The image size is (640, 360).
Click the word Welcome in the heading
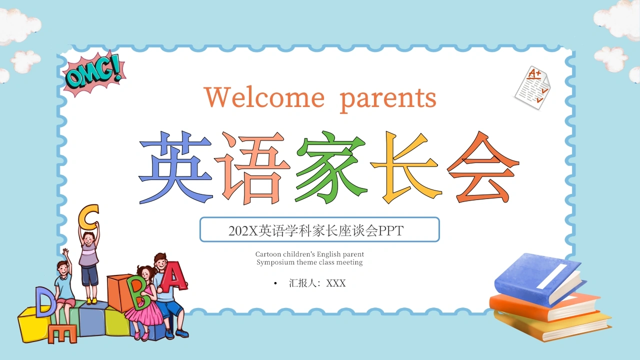pos(264,97)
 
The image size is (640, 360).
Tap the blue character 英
pos(175,167)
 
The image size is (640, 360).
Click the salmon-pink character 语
pos(252,168)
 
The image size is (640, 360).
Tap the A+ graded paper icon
pos(533,87)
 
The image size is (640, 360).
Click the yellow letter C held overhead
pos(88,217)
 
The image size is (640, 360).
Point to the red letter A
pos(173,276)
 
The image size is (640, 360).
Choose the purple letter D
pos(45,302)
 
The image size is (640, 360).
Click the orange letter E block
pos(62,333)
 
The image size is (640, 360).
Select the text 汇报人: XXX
pos(317,283)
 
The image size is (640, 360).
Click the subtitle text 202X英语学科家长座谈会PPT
pos(316,230)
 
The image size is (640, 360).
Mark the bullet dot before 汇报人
pos(275,283)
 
